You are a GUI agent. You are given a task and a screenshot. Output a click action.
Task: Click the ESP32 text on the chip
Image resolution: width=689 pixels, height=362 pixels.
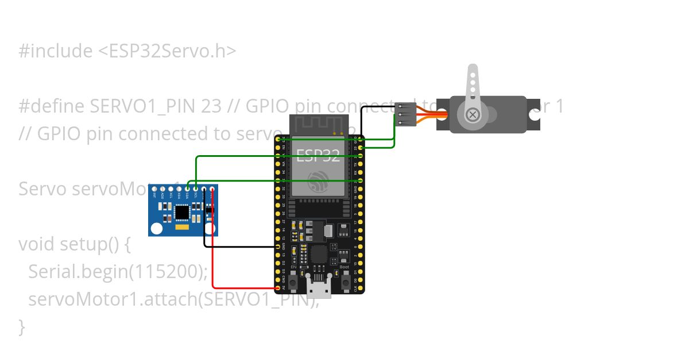(x=318, y=154)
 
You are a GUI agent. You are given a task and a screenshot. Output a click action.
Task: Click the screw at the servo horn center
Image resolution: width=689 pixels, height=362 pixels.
(x=473, y=114)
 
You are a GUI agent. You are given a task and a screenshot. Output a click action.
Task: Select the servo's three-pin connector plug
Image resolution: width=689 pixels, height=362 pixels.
(x=405, y=114)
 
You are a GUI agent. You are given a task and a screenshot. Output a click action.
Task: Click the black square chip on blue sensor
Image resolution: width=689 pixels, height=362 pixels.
(x=182, y=213)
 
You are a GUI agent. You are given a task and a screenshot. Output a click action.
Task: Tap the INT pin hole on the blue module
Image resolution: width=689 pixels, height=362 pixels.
(x=154, y=188)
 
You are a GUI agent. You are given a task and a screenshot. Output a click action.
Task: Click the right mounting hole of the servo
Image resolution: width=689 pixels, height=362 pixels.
(x=535, y=114)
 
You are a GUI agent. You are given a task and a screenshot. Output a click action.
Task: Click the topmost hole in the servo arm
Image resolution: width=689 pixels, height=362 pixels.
(x=473, y=74)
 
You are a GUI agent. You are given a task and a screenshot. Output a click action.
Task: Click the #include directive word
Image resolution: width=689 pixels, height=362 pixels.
(x=55, y=51)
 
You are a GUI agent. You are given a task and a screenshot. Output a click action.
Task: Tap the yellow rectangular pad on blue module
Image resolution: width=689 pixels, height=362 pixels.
(x=183, y=228)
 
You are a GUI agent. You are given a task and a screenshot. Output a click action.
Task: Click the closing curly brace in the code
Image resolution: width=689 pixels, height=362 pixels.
(x=22, y=326)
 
